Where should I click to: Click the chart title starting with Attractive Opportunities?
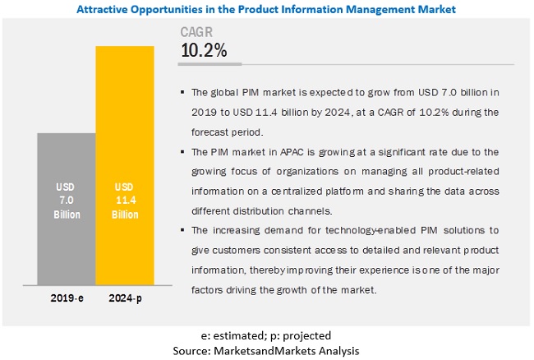pos(268,10)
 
